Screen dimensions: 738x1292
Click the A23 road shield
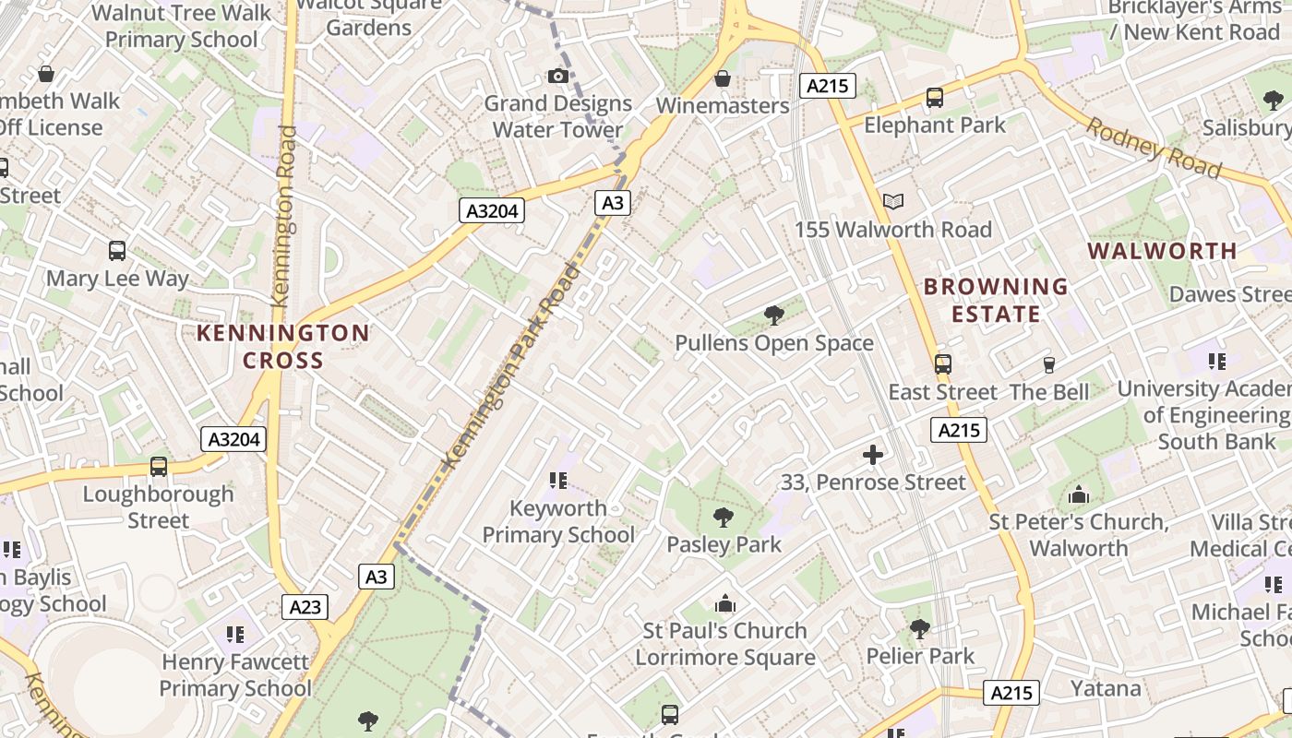305,607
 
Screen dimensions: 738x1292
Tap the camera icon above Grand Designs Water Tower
558,76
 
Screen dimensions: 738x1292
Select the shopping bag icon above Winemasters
723,78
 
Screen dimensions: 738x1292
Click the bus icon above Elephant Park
934,97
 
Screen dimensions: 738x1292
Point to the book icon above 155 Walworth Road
892,201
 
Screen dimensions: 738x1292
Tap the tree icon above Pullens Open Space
774,315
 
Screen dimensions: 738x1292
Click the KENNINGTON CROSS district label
282,346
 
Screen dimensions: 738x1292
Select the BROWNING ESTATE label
996,300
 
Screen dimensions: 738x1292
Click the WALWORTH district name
1162,251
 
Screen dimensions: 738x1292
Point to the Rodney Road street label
1153,148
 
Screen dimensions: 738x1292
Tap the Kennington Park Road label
512,366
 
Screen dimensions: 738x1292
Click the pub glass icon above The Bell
1048,365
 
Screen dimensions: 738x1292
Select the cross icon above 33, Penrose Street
872,454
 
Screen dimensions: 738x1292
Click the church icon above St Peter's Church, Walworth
1078,495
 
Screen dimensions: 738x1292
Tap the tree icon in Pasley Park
724,517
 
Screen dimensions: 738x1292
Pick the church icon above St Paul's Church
725,604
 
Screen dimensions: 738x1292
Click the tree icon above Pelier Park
919,629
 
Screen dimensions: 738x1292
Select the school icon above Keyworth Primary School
557,480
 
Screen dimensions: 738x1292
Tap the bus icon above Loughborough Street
159,467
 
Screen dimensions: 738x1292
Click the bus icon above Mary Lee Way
117,251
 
